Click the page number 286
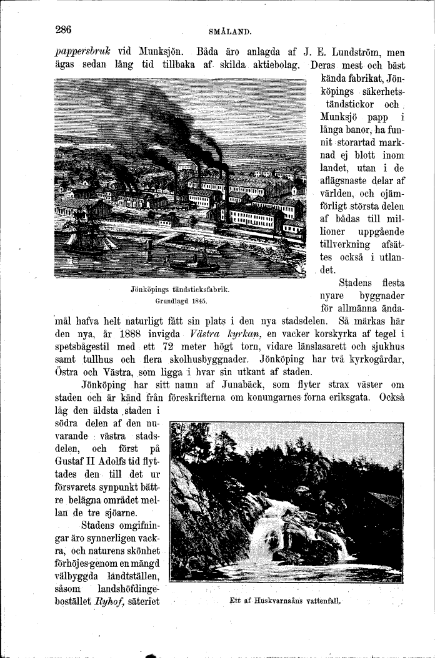(64, 30)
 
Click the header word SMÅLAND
(230, 31)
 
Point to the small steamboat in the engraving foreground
(196, 262)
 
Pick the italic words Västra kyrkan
(206, 334)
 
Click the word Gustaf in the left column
(72, 461)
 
